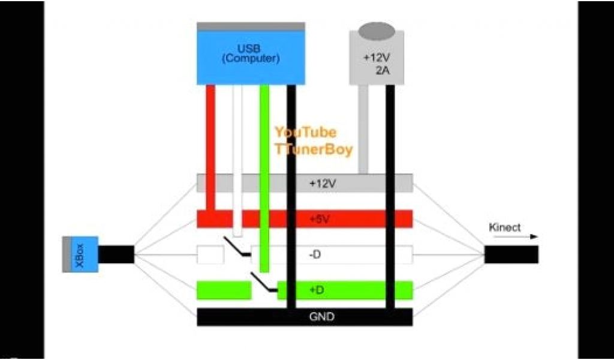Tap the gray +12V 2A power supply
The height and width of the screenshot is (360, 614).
(x=376, y=63)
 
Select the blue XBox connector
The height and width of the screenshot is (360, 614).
(x=80, y=254)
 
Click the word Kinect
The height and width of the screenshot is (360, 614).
(x=504, y=227)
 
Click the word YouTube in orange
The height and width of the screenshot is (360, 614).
(x=305, y=132)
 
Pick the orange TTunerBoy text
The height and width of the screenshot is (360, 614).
(x=314, y=149)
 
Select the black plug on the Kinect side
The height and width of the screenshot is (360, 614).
(x=511, y=254)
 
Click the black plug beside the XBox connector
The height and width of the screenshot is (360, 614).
(x=116, y=254)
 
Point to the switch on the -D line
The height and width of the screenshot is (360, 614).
(x=237, y=247)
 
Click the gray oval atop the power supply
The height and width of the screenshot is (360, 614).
(x=377, y=30)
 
